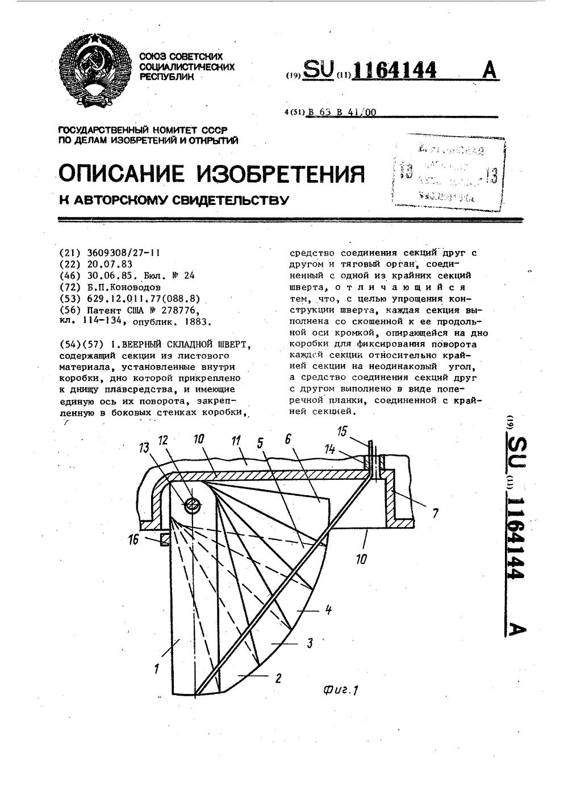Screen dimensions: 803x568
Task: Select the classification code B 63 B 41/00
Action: pyautogui.click(x=341, y=112)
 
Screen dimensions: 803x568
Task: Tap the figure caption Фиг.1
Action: pyautogui.click(x=341, y=689)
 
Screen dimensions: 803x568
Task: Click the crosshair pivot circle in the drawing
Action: pyautogui.click(x=193, y=504)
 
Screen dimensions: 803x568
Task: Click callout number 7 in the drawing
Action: pyautogui.click(x=435, y=515)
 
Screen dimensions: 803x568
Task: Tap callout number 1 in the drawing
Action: pyautogui.click(x=156, y=669)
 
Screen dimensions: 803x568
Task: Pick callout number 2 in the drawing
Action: pyautogui.click(x=278, y=677)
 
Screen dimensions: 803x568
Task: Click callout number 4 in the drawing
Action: pyautogui.click(x=328, y=610)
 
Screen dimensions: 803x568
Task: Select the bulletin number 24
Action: pyautogui.click(x=189, y=275)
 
